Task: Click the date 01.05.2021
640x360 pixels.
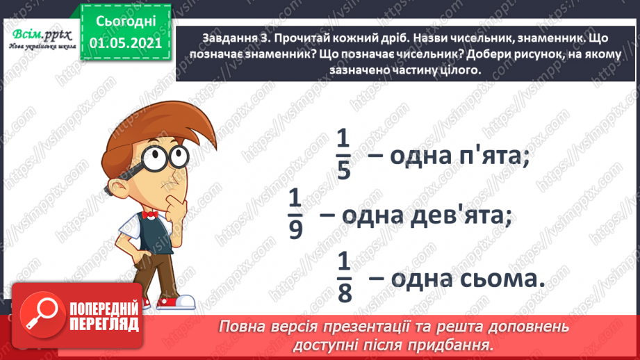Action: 125,43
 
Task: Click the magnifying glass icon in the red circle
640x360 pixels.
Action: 42,316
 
